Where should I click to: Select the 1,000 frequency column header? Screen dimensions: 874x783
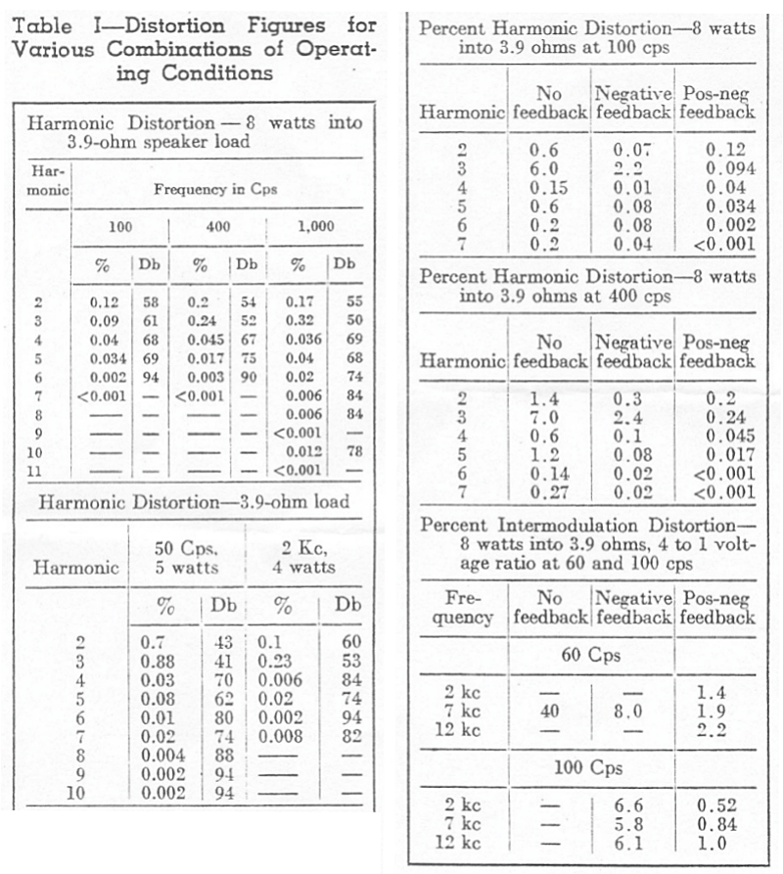tap(314, 227)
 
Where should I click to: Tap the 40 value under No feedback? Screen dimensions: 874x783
tap(549, 712)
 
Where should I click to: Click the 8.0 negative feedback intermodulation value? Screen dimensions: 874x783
tap(631, 712)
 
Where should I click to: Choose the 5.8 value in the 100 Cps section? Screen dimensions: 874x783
tap(631, 824)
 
